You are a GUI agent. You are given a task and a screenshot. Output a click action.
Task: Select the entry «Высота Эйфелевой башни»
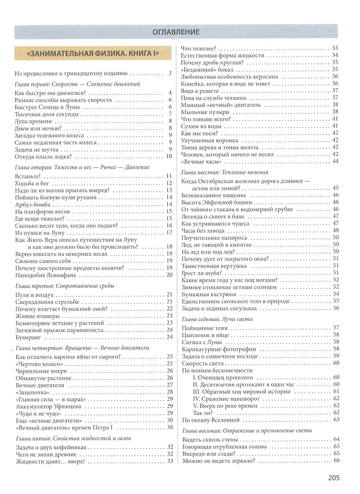click(x=215, y=202)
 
